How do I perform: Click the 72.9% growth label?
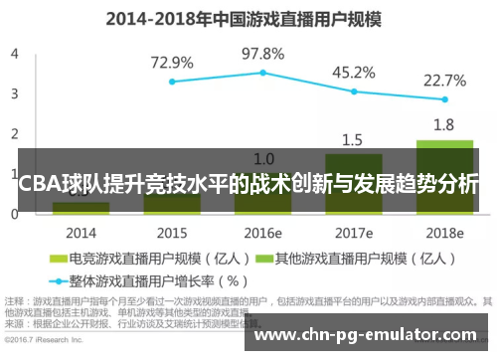coord(171,63)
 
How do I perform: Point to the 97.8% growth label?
coord(262,53)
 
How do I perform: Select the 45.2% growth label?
coord(353,72)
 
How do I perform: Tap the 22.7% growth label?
coord(444,80)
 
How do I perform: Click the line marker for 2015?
coord(171,82)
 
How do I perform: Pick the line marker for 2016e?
coord(262,73)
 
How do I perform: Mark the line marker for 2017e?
coord(353,91)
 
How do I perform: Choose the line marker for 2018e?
coord(444,99)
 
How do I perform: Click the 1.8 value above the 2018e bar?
coord(444,125)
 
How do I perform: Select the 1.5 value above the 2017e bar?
coord(353,139)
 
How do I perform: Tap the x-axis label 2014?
coord(81,233)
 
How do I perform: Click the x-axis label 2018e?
coord(444,233)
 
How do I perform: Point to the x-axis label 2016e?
coord(262,233)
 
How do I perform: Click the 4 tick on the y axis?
coord(14,54)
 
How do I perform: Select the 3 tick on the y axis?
coord(14,93)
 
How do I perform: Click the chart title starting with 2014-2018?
coord(248,17)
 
